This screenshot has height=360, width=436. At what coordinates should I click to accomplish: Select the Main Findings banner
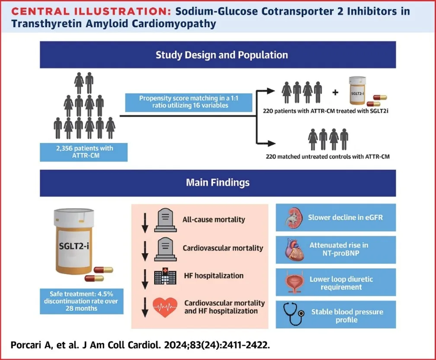(x=218, y=182)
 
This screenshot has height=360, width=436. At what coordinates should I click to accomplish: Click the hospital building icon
(x=163, y=276)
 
